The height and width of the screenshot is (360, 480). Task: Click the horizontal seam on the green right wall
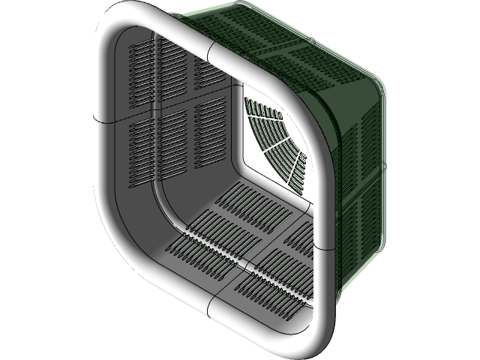point(364,180)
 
